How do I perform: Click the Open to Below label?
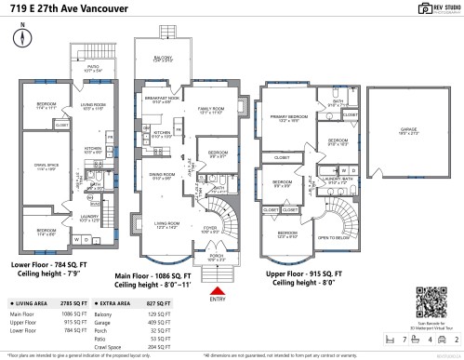pyautogui.click(x=332, y=237)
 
